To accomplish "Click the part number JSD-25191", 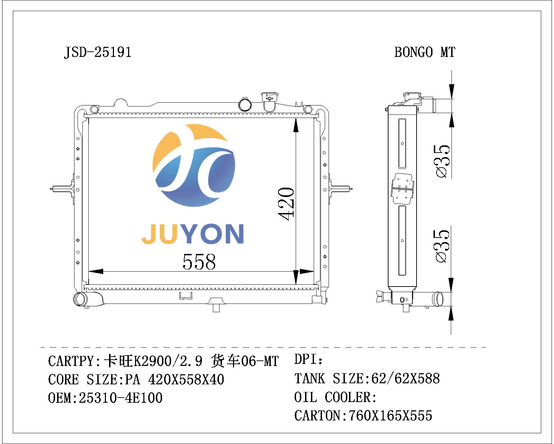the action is [x=98, y=52].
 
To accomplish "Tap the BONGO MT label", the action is [x=425, y=52].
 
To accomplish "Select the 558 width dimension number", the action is [x=199, y=262].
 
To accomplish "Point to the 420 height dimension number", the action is [x=286, y=204].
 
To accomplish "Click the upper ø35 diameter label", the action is [x=441, y=161].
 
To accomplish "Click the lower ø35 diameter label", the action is [x=441, y=246].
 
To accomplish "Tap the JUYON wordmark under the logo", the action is [x=193, y=234].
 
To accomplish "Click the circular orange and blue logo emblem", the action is [x=194, y=165].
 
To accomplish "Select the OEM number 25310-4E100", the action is [x=120, y=398].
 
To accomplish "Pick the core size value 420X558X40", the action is [x=186, y=379].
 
